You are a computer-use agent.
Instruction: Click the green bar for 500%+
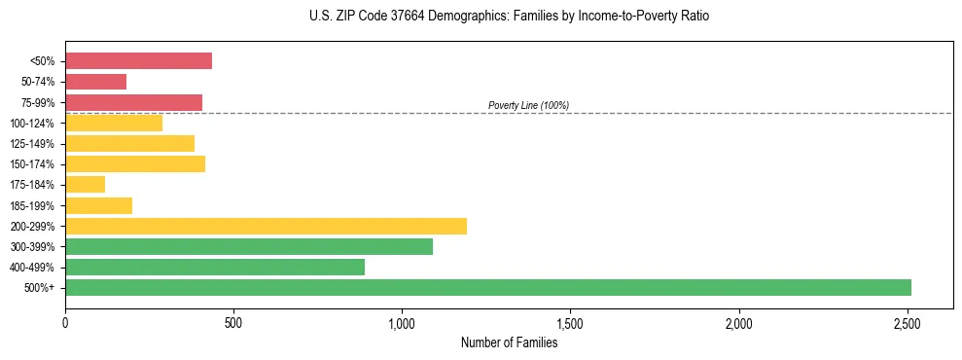(x=487, y=288)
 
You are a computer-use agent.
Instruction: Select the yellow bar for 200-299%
(x=266, y=226)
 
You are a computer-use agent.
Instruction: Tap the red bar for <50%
(x=138, y=61)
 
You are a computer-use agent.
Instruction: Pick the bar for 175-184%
(x=85, y=185)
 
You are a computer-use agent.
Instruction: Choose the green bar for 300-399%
(x=249, y=247)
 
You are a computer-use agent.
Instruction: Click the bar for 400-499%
(x=215, y=268)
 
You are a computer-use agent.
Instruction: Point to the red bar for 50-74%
(x=95, y=82)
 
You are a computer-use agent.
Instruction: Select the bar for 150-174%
(x=135, y=164)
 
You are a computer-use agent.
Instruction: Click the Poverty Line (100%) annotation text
(x=528, y=105)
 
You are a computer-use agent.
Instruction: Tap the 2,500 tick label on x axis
(x=908, y=322)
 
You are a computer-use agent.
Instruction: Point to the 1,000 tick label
(x=402, y=322)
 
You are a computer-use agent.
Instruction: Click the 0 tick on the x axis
(x=65, y=322)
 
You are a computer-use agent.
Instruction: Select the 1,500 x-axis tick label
(x=570, y=322)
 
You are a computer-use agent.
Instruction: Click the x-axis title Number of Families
(x=509, y=342)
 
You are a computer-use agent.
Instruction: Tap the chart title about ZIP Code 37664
(x=509, y=17)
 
